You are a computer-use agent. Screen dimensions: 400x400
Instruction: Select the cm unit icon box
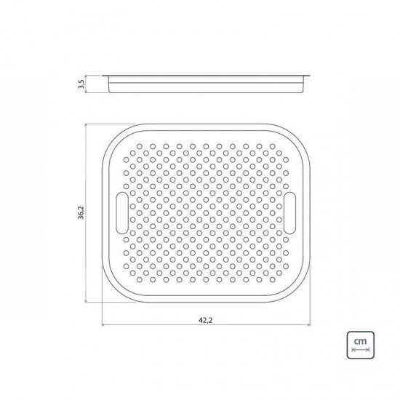pyautogui.click(x=359, y=344)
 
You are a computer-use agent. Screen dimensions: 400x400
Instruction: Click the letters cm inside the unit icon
pyautogui.click(x=359, y=340)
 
